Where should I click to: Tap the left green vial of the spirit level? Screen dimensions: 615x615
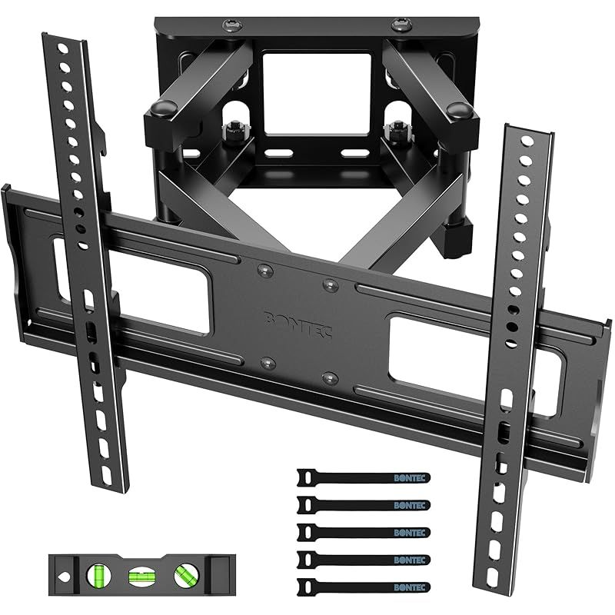coord(100,573)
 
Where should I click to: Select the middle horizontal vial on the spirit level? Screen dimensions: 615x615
coord(139,573)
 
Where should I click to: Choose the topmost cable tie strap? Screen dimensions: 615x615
coord(362,477)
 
